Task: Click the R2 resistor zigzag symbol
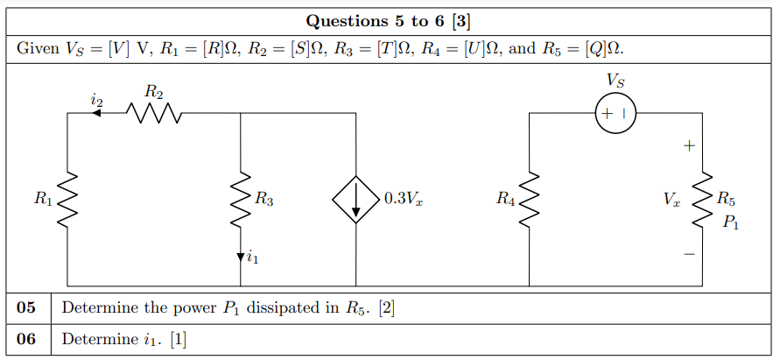tap(154, 112)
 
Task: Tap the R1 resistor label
tap(42, 200)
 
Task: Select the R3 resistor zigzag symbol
tap(241, 200)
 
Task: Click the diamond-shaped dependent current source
tap(355, 200)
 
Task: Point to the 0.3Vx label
tap(405, 199)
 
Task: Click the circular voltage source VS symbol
tap(615, 113)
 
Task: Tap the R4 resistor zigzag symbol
tap(529, 200)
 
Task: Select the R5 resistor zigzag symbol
tap(702, 200)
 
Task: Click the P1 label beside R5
tap(731, 222)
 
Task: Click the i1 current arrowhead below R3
tap(241, 257)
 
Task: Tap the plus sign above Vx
tap(688, 145)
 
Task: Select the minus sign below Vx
tap(688, 255)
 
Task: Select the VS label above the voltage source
tap(615, 81)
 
